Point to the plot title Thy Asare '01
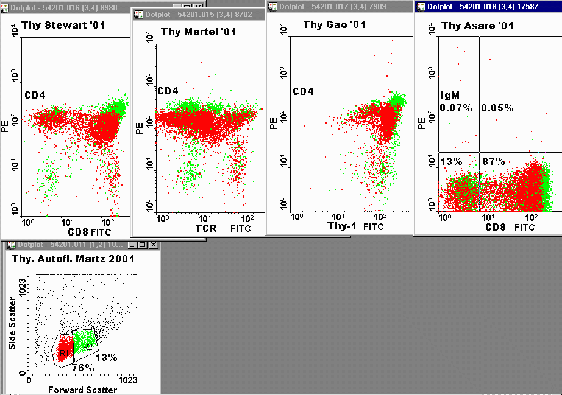477,26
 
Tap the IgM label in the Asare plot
450,96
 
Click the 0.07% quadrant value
456,108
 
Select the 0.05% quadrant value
497,108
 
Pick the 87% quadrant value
493,161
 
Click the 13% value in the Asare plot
451,161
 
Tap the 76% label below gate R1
82,368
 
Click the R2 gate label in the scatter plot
87,346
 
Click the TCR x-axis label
205,229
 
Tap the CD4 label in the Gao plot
303,92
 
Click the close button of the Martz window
153,245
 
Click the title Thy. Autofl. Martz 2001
73,259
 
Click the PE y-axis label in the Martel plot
140,128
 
